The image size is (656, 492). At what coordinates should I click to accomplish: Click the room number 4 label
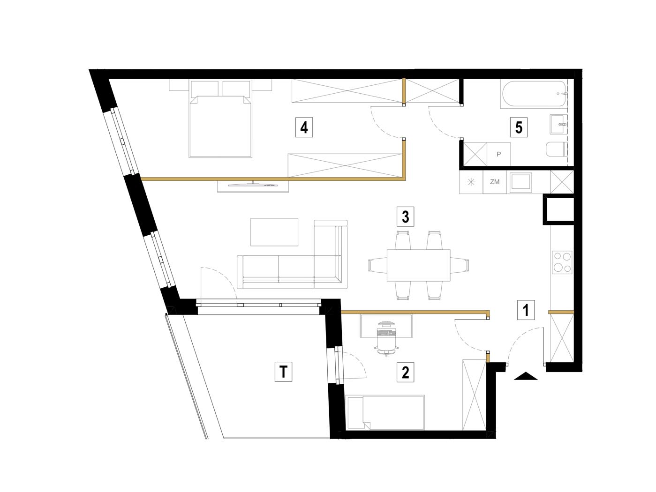click(x=304, y=127)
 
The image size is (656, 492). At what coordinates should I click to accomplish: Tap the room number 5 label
click(x=519, y=127)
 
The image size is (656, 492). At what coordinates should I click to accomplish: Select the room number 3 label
click(x=405, y=216)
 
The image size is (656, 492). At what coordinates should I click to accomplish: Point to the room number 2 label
click(x=405, y=373)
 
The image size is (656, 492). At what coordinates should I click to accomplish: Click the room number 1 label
click(x=526, y=310)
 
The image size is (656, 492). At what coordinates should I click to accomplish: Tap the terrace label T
click(x=283, y=372)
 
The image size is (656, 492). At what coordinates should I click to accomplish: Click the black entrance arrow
click(x=526, y=376)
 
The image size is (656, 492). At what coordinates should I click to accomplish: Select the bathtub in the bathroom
click(x=533, y=94)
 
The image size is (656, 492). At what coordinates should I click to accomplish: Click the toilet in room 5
click(x=557, y=149)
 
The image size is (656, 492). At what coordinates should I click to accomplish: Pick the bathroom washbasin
click(x=558, y=124)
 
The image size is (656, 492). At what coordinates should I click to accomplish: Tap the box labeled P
click(x=498, y=154)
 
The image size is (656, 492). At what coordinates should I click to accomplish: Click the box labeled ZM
click(x=495, y=182)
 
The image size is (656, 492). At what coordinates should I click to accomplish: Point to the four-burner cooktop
click(x=562, y=262)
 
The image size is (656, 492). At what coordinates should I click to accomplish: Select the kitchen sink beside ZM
click(x=521, y=182)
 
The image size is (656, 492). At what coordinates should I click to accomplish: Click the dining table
click(x=418, y=265)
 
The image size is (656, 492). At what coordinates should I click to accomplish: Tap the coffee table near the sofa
click(x=274, y=232)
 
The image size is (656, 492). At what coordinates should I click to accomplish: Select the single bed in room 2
click(x=385, y=412)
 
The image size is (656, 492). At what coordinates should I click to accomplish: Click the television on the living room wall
click(x=253, y=185)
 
